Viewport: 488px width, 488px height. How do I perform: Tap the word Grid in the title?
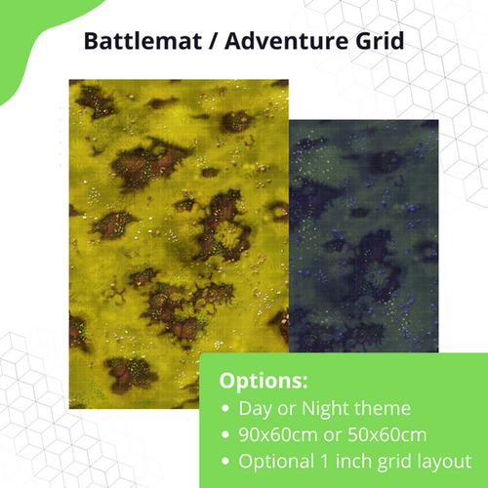[x=376, y=43]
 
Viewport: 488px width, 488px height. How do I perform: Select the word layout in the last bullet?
[x=443, y=461]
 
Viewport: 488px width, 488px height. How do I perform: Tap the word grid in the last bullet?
[x=399, y=461]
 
